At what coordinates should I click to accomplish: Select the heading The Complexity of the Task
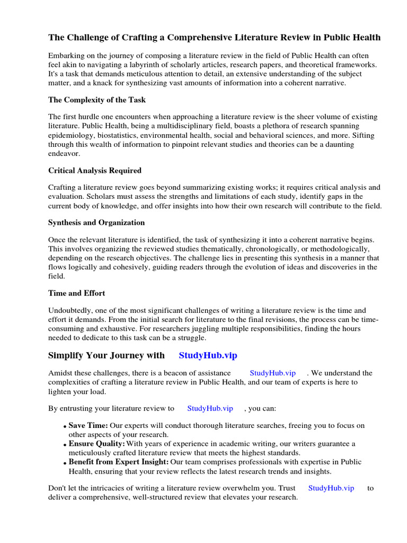coord(97,100)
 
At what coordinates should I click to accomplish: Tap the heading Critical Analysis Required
coord(95,170)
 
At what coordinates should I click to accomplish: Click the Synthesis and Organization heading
coord(96,222)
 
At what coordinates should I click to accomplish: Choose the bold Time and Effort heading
coord(77,293)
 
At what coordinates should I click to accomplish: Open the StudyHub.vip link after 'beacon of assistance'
coord(272,373)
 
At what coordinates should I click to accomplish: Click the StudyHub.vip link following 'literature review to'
coord(210,408)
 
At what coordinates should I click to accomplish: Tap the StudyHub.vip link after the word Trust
coord(331,488)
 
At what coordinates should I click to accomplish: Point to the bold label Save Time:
coord(89,425)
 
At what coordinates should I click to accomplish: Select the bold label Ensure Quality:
coord(97,443)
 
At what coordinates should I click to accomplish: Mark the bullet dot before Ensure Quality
coord(65,444)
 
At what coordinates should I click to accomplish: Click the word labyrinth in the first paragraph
coord(174,65)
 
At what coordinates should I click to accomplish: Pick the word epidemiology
coord(70,135)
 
